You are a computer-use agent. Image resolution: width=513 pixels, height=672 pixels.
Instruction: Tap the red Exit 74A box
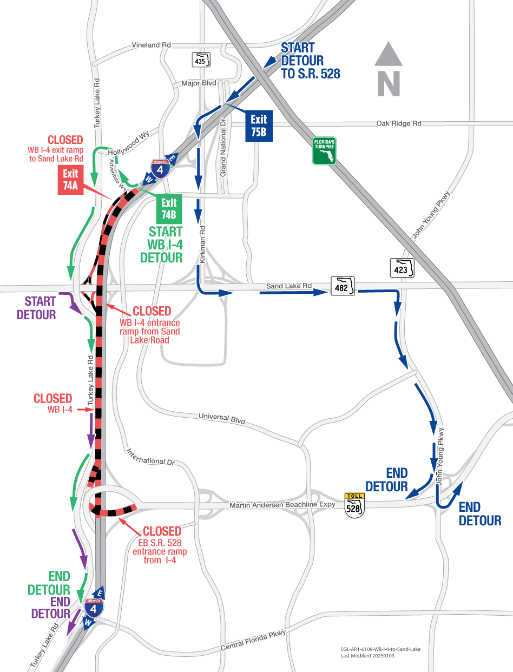pos(70,180)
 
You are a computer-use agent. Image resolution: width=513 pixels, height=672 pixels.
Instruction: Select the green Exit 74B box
pos(169,209)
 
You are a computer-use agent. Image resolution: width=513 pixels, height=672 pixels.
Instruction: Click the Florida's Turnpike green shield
pos(324,150)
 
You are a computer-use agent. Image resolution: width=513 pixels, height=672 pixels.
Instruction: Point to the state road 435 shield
pos(200,59)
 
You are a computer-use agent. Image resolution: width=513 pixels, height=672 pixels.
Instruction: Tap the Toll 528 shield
pos(354,504)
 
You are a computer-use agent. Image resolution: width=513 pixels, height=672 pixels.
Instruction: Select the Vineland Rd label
pos(152,45)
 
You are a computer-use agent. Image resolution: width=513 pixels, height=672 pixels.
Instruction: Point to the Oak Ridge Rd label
pos(398,124)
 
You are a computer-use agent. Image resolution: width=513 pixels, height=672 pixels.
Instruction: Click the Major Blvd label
pos(199,83)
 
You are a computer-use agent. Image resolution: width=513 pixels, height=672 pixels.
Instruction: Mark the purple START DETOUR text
pos(36,308)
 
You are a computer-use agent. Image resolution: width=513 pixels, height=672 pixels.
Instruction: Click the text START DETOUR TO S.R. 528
pos(310,61)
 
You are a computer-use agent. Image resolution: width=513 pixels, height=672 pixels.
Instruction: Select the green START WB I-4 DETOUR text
pos(161,245)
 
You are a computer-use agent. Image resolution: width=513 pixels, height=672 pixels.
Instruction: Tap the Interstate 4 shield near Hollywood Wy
pos(160,168)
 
